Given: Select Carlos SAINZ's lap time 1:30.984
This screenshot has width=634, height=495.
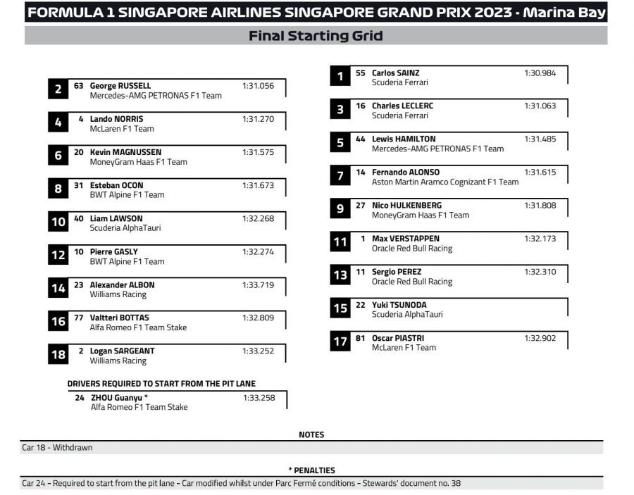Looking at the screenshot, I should point(540,73).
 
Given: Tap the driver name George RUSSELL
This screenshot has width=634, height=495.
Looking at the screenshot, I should point(120,86).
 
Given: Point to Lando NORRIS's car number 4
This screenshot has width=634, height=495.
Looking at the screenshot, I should point(81,119).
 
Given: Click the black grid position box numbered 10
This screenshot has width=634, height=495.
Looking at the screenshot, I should point(58,223).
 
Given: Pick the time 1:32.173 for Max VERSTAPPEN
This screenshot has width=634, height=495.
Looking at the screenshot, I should point(540,239).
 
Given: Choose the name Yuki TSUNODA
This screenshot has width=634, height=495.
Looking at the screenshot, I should point(399,305).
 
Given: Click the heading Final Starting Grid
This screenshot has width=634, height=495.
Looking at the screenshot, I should point(316,36).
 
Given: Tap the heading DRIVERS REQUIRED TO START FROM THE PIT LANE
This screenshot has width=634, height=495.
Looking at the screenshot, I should point(161,384).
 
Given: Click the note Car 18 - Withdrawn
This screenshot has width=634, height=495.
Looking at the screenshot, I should point(57,447).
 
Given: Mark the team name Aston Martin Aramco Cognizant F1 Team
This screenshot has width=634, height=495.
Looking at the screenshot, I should point(445,182).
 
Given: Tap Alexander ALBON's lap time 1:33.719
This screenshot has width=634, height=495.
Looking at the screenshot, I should point(258,284).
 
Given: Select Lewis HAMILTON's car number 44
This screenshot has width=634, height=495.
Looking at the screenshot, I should point(361,139).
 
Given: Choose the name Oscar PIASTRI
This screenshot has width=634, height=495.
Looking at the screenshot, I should point(398,338).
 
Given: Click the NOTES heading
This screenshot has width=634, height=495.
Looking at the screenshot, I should point(311,434).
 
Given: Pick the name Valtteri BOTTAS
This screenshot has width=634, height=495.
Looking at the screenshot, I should point(119,318).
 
